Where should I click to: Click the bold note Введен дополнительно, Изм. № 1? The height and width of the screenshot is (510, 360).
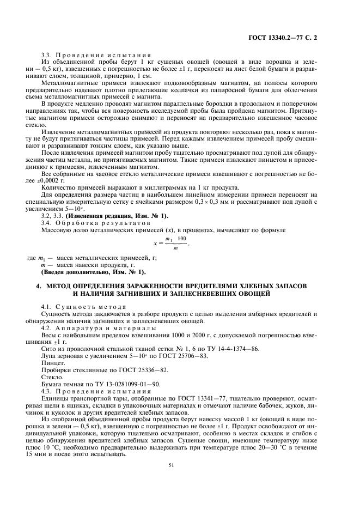point(94,271)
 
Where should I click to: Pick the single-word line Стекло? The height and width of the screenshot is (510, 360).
point(51,377)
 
